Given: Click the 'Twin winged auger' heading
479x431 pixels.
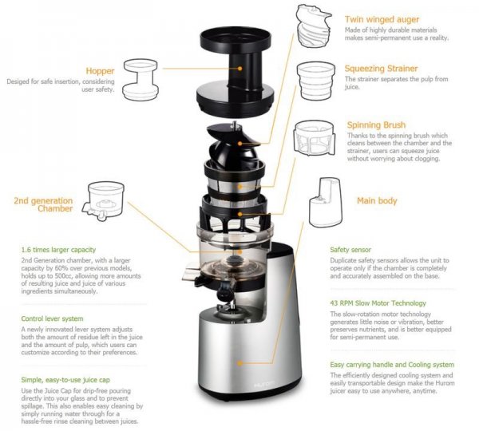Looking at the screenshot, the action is tap(382, 19).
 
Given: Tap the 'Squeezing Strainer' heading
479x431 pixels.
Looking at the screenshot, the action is tap(381, 69).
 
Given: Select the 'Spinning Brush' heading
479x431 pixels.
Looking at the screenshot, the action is tap(376, 125).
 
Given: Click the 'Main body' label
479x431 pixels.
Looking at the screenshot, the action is tap(377, 200).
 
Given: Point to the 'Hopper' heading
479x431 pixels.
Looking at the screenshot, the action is tap(100, 71).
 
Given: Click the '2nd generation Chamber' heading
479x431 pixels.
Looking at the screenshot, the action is tap(43, 204).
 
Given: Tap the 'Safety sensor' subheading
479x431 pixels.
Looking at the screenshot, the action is tap(350, 250).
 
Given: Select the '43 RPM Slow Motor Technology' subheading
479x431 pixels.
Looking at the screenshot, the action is tap(378, 303).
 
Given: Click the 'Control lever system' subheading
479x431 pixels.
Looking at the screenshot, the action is tap(52, 318).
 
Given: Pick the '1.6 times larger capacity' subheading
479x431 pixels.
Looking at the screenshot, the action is tap(58, 250).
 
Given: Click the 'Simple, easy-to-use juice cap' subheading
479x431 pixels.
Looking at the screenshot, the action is tap(65, 380).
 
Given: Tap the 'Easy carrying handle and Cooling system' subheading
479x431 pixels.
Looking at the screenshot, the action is tap(392, 365).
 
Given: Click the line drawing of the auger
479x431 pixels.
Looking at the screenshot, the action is tap(314, 26).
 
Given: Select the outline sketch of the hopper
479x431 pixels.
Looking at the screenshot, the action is tap(141, 80).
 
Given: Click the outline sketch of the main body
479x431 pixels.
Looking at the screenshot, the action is tap(325, 202).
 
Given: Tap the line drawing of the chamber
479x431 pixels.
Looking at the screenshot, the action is tap(103, 200).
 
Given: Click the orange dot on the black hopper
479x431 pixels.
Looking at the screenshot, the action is tap(239, 69).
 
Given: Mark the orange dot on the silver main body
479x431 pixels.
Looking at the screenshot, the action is tap(239, 363).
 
